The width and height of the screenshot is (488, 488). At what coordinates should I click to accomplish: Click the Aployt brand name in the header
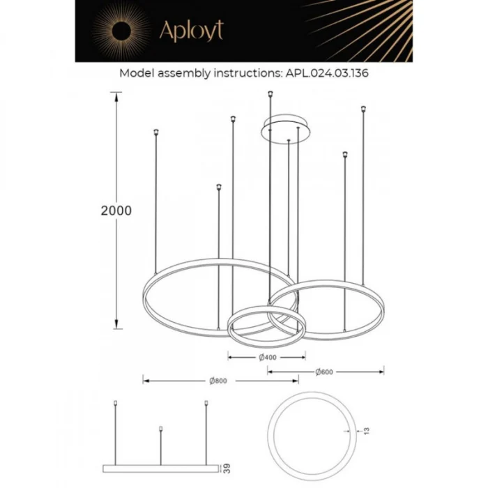click(191, 31)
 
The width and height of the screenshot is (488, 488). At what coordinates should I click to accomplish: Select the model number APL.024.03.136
click(327, 73)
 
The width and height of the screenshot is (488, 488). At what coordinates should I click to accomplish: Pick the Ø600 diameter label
click(324, 372)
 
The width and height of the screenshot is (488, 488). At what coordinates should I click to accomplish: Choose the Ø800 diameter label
click(219, 381)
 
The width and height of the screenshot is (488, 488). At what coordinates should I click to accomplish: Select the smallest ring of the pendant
click(264, 326)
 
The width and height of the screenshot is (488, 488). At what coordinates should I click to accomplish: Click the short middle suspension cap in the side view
click(161, 428)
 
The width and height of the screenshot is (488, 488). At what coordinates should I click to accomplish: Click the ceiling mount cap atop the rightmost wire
click(363, 108)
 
